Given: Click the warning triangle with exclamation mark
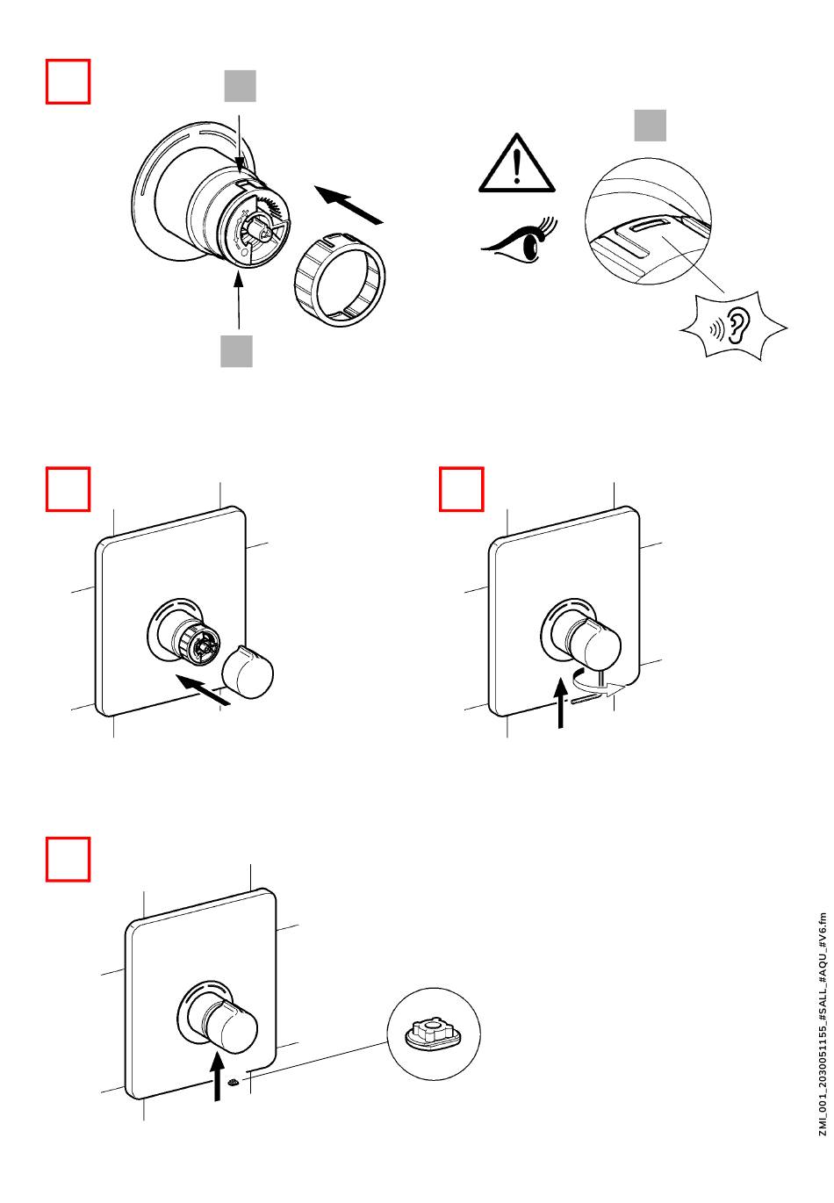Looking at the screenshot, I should (x=517, y=165).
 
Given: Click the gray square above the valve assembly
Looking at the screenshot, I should (x=239, y=86).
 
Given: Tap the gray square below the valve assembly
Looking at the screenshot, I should (x=236, y=350).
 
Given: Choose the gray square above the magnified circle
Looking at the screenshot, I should (x=651, y=125).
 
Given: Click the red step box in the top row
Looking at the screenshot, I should (x=68, y=82).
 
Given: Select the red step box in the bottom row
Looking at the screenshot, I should (x=68, y=860).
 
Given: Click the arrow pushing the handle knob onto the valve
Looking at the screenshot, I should (x=203, y=688).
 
